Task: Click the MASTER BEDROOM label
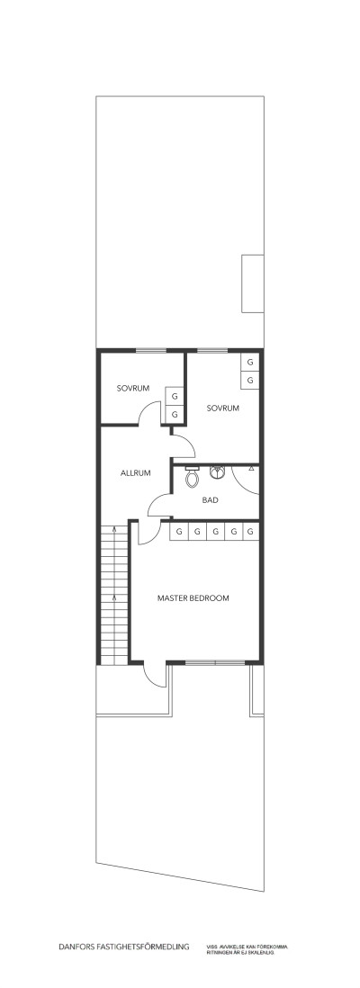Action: (193, 597)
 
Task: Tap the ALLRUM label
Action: (135, 472)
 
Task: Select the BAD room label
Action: (211, 499)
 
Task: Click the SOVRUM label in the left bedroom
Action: (131, 389)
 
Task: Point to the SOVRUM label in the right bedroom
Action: (222, 408)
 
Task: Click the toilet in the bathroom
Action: (190, 479)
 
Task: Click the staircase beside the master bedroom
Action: (112, 594)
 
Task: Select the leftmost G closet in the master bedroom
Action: (179, 532)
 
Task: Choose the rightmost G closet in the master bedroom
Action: (250, 532)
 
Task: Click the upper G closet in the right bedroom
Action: (250, 362)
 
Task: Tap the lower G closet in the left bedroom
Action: (175, 415)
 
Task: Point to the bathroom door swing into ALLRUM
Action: (159, 507)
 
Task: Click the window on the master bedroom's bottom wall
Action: (215, 662)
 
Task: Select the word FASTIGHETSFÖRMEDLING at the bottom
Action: (145, 947)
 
